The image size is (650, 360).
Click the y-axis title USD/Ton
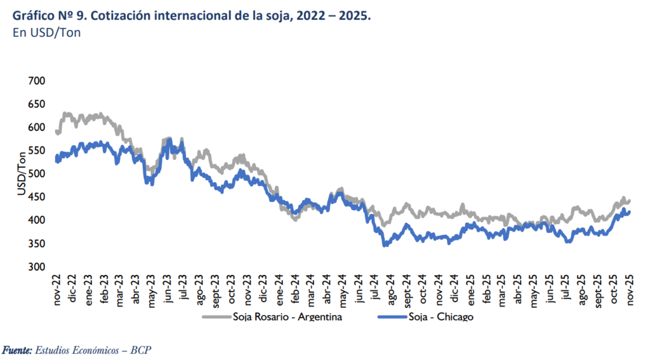(22, 174)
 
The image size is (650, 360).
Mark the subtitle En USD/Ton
(46, 33)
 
